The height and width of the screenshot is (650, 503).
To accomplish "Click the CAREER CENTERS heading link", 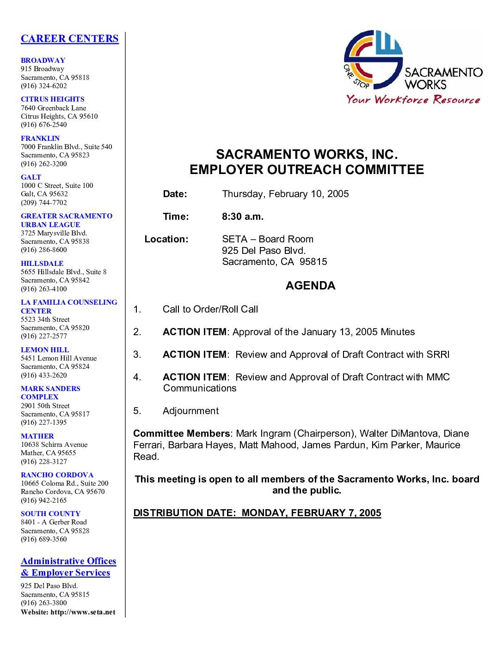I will pos(69,38).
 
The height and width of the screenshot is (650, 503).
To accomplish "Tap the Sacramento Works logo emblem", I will pos(373,60).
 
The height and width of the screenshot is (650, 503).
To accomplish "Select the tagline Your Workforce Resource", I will pos(413,99).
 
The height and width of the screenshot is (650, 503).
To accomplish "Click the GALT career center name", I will pos(31,177).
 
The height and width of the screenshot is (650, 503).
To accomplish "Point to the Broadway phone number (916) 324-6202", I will pos(43,86).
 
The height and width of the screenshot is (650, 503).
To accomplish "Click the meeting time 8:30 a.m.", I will pos(243,217).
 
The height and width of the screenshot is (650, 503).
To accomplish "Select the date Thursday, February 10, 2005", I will pos(285,194).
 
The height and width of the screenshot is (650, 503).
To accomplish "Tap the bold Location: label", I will pos(166,239).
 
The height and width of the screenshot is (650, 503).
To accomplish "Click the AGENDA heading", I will pos(310,286).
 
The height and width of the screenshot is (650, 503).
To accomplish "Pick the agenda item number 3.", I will pos(137,355).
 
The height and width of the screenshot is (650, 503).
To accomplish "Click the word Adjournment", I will pos(190,411).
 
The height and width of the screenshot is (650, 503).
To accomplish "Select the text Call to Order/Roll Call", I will pos(210,309).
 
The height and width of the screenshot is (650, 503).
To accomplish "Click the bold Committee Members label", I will pos(181,433).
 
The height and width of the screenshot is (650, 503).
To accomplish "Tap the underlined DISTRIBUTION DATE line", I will pos(257,513).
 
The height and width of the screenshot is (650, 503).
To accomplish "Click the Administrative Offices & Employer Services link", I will pos(68,567).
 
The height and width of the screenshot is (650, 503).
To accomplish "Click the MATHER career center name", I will pos(37,436).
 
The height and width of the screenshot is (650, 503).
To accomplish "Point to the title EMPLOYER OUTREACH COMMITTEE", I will pos(307,169).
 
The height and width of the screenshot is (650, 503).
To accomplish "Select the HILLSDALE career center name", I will pos(42,264).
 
